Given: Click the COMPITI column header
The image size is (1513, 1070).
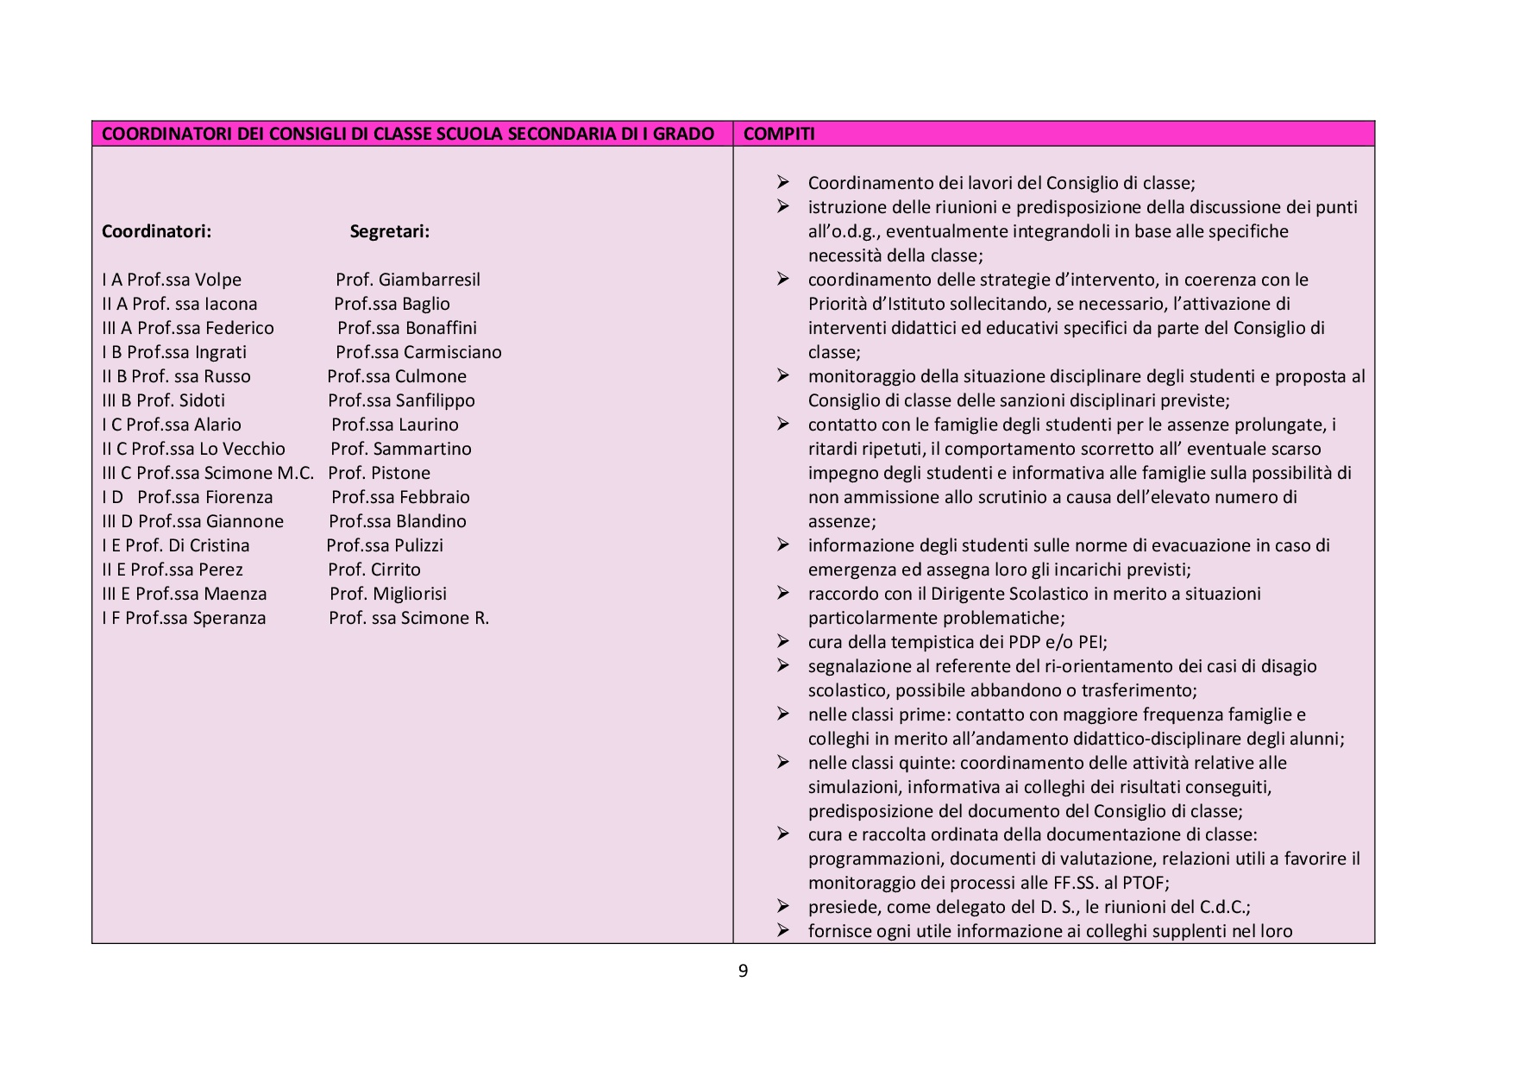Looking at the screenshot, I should click(779, 134).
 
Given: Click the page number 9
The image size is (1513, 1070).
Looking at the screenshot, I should click(744, 971).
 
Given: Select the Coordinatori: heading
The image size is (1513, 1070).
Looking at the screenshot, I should click(156, 231).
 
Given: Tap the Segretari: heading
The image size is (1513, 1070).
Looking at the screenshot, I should click(389, 231).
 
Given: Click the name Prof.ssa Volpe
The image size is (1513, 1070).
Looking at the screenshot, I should click(184, 280).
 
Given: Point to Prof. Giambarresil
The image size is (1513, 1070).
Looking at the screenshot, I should click(407, 280).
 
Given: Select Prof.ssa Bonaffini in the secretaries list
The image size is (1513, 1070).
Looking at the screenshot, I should click(406, 328).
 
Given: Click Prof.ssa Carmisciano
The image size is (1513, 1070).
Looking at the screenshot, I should click(418, 352).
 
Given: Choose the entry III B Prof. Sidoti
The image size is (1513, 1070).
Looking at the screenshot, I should click(163, 400).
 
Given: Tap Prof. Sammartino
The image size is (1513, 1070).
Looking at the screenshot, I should click(401, 449).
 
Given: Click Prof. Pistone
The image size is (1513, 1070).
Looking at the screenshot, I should click(379, 473).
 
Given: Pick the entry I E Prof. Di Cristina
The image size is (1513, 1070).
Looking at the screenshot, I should click(175, 545).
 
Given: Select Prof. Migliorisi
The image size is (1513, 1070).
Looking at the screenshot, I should click(388, 594).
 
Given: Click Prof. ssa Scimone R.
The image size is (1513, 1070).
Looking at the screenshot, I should click(409, 618).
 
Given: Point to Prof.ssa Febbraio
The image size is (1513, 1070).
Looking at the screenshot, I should click(400, 497).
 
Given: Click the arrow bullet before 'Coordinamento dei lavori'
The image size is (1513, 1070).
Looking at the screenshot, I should click(782, 182).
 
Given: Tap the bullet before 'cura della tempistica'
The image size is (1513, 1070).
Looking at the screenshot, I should click(782, 641).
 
